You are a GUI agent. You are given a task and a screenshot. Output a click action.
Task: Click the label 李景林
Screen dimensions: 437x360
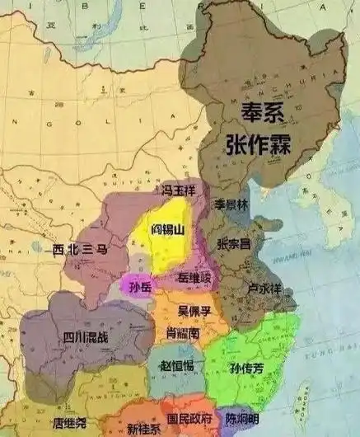(x=230, y=203)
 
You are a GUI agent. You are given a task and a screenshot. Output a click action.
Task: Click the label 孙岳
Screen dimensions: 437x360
(x=140, y=285)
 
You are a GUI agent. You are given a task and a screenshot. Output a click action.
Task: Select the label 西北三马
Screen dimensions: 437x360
(x=81, y=248)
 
